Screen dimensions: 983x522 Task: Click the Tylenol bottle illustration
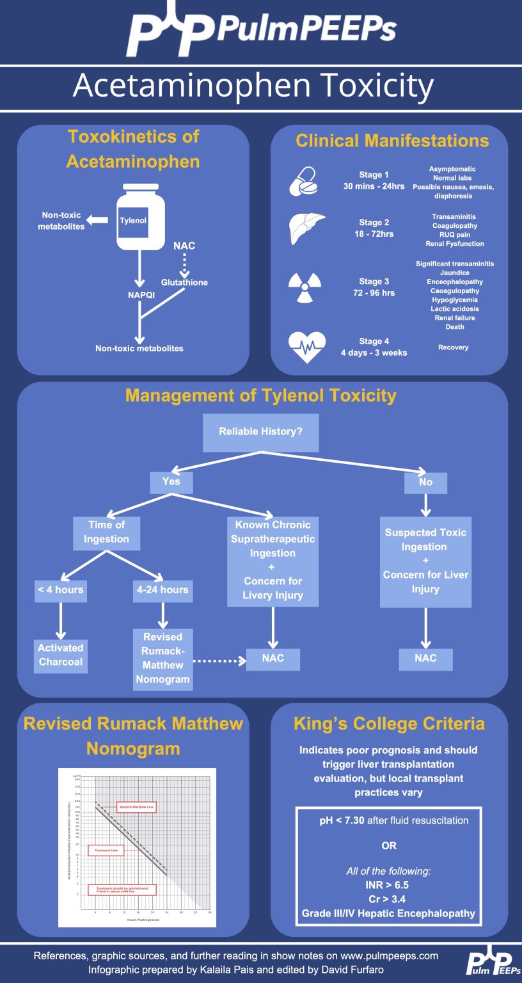(140, 218)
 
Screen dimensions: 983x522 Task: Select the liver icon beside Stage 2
(307, 228)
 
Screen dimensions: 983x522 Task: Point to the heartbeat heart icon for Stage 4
(307, 347)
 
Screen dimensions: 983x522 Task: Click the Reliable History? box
(260, 432)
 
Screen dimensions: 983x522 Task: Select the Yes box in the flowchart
(171, 482)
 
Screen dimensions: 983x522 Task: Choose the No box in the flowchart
(425, 483)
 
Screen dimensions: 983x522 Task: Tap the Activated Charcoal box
(61, 655)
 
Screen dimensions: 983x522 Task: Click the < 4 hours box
(60, 590)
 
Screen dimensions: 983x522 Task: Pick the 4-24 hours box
(162, 590)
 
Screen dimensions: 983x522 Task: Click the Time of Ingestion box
(106, 532)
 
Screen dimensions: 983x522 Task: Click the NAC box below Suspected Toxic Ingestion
(425, 659)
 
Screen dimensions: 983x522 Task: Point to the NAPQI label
(141, 295)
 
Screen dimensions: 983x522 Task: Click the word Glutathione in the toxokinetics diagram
(184, 282)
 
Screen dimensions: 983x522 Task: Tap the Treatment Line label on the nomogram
(106, 851)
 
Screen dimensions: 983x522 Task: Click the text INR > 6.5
(388, 885)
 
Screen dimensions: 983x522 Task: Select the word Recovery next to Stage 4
(454, 348)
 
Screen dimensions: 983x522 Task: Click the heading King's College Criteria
(389, 724)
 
